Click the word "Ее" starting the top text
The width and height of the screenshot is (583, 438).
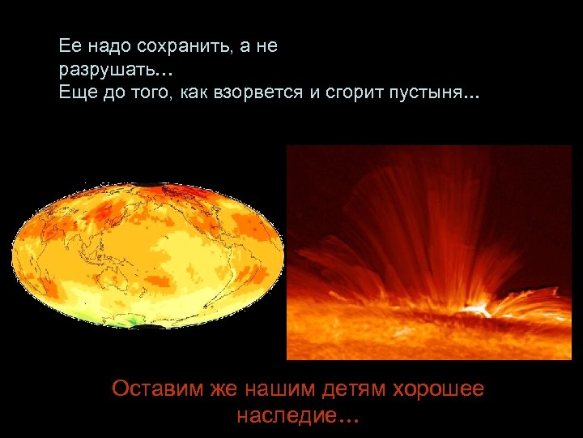click(69, 47)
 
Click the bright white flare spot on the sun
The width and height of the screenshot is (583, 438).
click(479, 308)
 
